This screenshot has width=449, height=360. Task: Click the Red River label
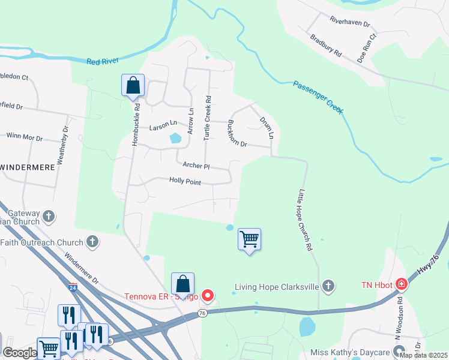(103, 61)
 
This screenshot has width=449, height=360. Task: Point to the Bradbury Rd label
(326, 45)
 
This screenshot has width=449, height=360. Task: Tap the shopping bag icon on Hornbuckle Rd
(133, 86)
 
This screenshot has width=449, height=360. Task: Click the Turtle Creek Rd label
(208, 118)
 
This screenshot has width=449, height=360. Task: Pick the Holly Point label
(185, 181)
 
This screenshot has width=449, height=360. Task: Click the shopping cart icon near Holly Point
(249, 239)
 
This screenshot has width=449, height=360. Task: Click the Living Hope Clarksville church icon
(328, 286)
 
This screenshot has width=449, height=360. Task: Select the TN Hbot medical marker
(401, 284)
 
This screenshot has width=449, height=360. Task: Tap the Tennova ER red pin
(208, 295)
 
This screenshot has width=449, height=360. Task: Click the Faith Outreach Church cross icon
(92, 242)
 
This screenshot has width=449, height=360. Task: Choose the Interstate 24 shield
(73, 287)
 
